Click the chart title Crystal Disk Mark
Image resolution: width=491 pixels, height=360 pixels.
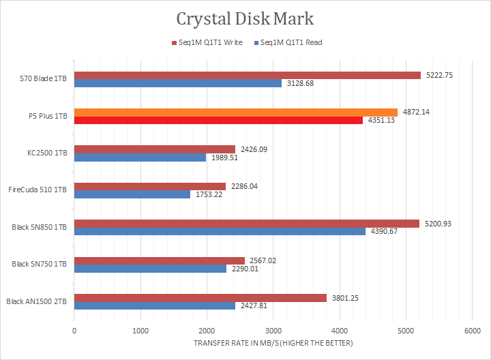point(245,18)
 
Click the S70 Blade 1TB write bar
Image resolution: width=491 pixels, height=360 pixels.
point(247,75)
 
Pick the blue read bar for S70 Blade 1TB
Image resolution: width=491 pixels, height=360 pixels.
point(177,83)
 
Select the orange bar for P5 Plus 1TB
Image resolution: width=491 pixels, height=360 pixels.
point(235,112)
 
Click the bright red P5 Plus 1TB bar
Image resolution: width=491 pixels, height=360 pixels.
point(218,120)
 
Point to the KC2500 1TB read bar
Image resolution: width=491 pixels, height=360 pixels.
point(140,157)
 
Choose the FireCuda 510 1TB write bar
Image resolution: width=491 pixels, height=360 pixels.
point(149,186)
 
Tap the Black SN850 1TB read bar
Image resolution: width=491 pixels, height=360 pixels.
point(220,231)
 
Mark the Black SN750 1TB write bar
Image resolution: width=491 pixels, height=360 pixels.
point(159,260)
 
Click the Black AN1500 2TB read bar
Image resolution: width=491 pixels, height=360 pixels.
point(154,305)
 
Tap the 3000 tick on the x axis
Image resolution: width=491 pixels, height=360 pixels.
point(273,331)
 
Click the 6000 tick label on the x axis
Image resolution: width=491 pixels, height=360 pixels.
point(472,331)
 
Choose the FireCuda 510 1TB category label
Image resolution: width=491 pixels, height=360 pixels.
point(38,190)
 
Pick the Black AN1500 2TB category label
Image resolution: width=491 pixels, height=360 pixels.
point(35,301)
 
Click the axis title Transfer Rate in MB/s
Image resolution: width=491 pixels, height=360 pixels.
point(273,343)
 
